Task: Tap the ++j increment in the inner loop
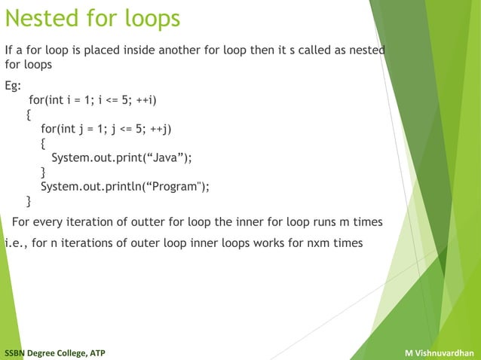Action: click(x=162, y=129)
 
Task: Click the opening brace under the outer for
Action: click(x=29, y=115)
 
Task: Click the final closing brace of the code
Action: click(x=29, y=201)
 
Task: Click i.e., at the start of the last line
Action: click(x=16, y=243)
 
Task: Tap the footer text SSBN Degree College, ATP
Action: click(x=54, y=352)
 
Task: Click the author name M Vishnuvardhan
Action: click(x=440, y=352)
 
